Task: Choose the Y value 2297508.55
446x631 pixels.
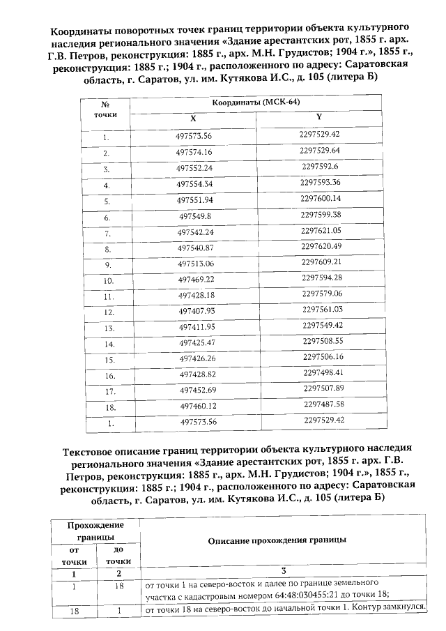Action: click(x=323, y=341)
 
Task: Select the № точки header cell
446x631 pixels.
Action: click(x=106, y=109)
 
